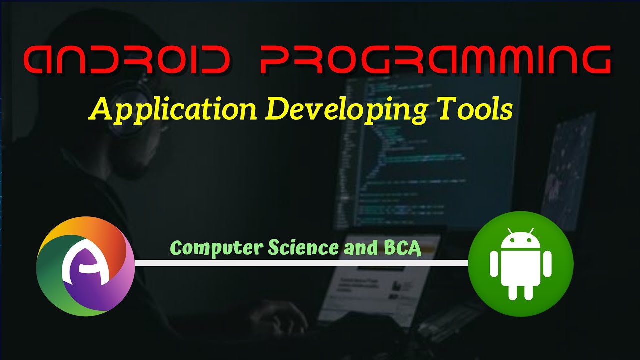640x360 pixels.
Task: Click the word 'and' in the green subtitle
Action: point(358,248)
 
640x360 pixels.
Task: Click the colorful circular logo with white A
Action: point(85,266)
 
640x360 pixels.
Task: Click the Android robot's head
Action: point(520,242)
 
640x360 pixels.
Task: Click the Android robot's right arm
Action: point(547,264)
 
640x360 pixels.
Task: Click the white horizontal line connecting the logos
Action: point(300,263)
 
